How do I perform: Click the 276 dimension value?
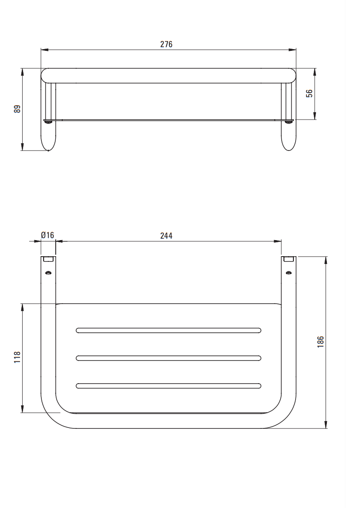[x=166, y=44]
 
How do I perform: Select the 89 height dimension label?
[x=17, y=109]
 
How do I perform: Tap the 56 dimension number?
[x=310, y=94]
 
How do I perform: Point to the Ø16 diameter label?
[x=48, y=235]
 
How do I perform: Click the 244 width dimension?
[x=166, y=236]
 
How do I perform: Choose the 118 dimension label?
[x=17, y=357]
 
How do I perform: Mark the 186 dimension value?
[x=320, y=342]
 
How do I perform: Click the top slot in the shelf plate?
[x=168, y=331]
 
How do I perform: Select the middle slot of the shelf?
[x=168, y=358]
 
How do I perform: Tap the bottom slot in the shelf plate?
[x=168, y=386]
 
